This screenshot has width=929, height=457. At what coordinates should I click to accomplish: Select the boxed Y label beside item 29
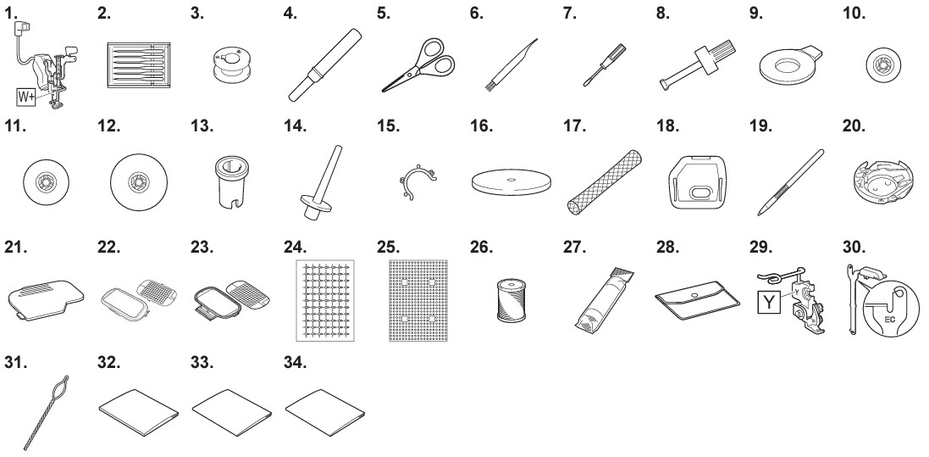[769, 302]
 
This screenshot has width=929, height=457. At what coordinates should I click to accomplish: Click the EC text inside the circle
[889, 320]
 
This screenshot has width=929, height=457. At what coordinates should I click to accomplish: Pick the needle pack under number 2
[139, 65]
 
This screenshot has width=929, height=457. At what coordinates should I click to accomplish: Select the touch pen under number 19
[790, 182]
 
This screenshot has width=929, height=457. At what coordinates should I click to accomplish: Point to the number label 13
[202, 127]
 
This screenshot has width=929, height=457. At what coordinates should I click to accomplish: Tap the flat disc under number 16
[512, 181]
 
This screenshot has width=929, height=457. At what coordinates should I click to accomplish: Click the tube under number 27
[604, 299]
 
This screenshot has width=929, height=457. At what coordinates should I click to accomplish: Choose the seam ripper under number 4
[324, 64]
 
